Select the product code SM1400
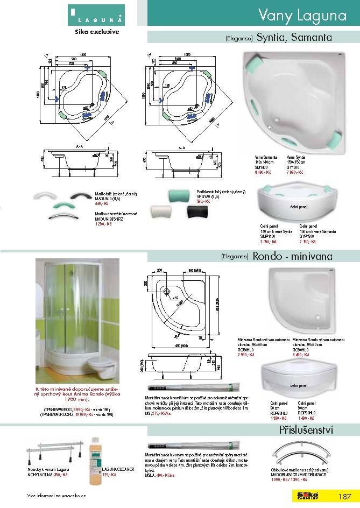[262, 167]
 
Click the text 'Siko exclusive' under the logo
[96, 31]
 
